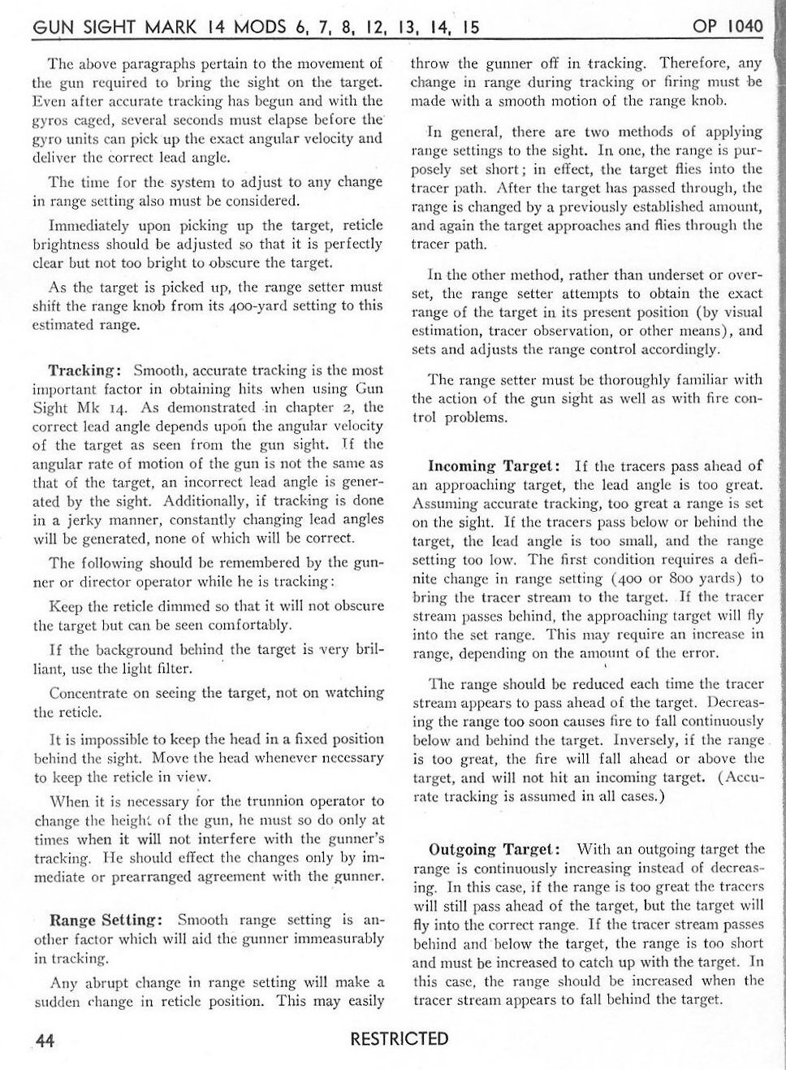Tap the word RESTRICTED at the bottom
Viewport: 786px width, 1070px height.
399,1039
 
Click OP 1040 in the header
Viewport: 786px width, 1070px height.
728,27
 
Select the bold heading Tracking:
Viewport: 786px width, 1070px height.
85,370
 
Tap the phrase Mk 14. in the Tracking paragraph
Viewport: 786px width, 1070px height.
96,408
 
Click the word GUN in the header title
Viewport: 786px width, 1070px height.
52,28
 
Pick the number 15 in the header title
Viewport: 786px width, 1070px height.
469,28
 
